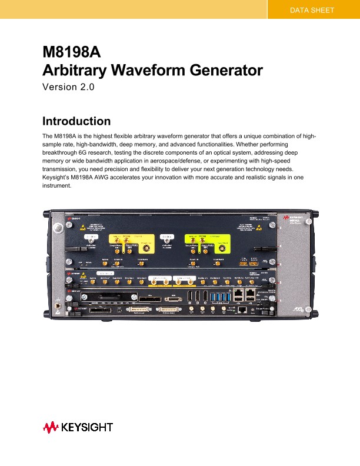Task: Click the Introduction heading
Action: point(76,122)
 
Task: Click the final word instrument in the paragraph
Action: point(56,185)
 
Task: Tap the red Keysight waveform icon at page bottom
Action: point(51,427)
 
